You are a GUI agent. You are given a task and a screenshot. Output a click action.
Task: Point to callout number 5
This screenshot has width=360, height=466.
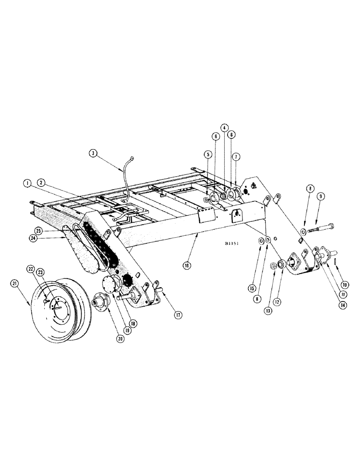206,154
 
